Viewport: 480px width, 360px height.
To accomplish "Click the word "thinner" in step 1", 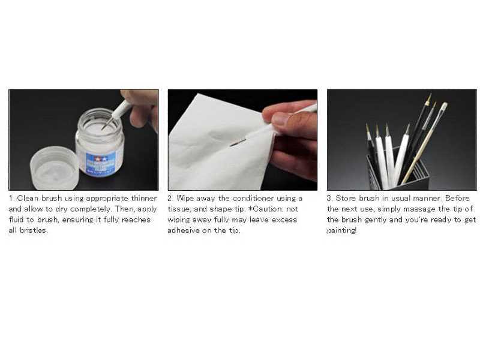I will (144, 198).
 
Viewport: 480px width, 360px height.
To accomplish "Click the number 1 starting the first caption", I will (11, 198).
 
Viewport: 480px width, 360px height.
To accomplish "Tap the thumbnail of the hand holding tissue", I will (242, 139).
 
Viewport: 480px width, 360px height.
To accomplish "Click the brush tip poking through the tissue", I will (236, 143).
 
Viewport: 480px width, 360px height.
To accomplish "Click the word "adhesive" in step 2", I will (182, 230).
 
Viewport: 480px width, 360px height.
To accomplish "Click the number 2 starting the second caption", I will (170, 198).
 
